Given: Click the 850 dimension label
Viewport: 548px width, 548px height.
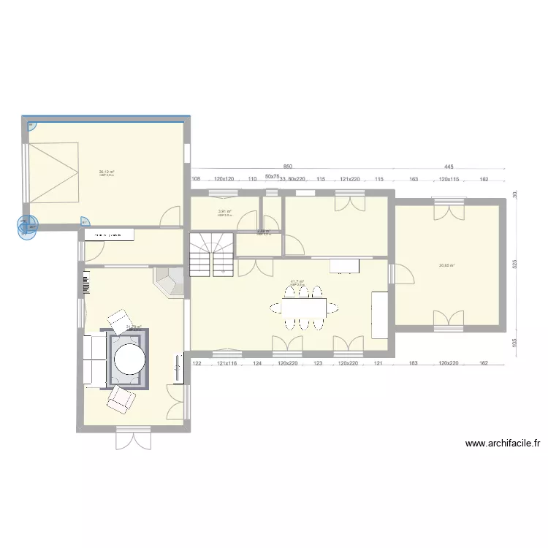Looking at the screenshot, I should point(288,167).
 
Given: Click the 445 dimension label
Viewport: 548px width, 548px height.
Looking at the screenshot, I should point(449,167).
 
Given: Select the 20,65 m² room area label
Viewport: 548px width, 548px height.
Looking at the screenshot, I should point(446,266).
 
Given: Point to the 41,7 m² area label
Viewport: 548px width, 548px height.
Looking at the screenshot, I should point(297,281).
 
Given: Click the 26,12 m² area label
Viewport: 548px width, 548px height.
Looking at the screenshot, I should point(107,172).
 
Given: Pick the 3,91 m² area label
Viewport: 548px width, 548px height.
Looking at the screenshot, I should point(224,212).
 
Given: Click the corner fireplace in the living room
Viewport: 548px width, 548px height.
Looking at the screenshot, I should point(170,282).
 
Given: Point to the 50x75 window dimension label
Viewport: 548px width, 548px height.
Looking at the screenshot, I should point(271,177).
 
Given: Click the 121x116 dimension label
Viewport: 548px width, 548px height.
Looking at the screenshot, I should point(227,363).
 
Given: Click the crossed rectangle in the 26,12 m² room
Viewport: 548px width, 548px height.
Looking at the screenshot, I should point(52,173).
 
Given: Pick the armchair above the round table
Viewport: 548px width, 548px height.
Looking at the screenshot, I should point(120,320).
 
